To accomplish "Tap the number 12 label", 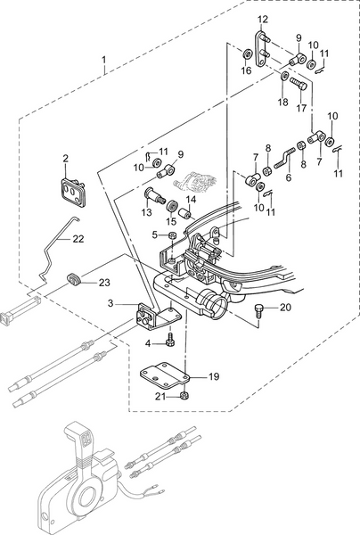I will [x=262, y=19].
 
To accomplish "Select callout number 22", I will [x=78, y=238].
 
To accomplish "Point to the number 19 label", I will [x=213, y=377].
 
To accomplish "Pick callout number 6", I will [x=288, y=177].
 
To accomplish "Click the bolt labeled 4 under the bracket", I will [x=169, y=341].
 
